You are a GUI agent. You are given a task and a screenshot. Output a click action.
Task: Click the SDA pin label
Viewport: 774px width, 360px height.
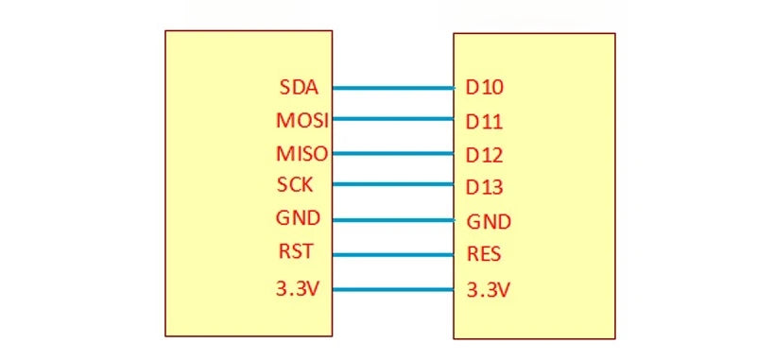(299, 88)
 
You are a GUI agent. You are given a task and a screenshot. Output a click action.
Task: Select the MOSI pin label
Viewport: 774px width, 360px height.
(299, 121)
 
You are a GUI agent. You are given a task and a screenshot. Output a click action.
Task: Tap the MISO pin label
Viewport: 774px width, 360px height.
(299, 153)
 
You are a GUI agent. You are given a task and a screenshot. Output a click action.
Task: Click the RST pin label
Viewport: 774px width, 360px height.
(295, 252)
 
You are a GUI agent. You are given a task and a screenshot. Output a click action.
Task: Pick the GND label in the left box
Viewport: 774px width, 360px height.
(298, 218)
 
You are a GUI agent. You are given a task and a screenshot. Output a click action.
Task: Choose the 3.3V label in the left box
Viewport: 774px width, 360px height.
(298, 288)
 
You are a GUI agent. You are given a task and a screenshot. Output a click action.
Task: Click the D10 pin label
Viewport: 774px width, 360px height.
(484, 88)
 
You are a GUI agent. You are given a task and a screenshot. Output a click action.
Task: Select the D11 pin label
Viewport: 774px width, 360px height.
(484, 122)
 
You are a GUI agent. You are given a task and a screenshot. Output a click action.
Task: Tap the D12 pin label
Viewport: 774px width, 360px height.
(484, 154)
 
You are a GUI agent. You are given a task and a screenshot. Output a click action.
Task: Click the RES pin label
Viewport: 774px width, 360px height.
(484, 254)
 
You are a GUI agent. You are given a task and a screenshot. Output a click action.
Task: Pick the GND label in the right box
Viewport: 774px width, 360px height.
(489, 222)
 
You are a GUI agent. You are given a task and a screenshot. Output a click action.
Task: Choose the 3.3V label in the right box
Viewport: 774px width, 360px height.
(489, 290)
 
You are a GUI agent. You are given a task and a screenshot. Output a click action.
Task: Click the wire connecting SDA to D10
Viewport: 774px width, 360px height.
(393, 88)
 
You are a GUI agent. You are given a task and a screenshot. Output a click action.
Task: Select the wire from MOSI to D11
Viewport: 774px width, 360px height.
(393, 119)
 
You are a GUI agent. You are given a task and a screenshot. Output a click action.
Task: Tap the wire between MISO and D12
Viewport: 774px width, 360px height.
(393, 152)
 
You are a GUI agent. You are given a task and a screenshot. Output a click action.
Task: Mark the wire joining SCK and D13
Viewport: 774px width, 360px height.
(393, 184)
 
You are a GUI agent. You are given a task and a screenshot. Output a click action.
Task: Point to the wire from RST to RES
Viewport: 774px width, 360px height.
(393, 253)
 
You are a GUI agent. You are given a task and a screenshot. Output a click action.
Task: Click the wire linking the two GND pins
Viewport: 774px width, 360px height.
(393, 220)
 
